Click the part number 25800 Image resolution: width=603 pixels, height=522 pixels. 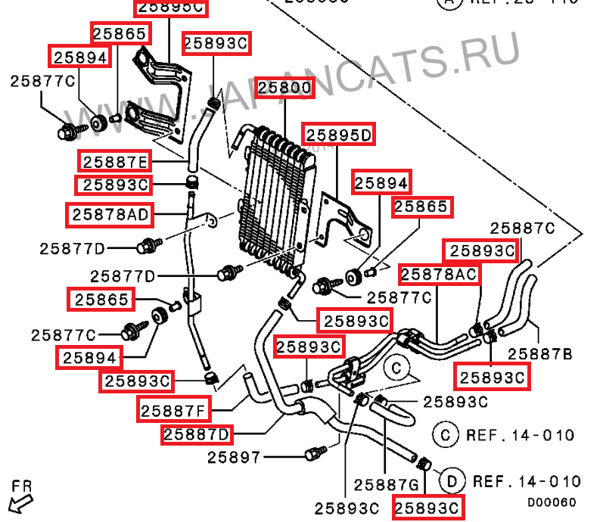pos(284,88)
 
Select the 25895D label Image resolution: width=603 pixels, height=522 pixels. pos(339,135)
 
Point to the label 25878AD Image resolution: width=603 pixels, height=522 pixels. pos(110,215)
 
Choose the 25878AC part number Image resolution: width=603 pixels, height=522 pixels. pos(440,274)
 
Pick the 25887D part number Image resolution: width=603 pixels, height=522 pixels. pos(197,434)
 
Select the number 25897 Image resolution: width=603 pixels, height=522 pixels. pos(234,457)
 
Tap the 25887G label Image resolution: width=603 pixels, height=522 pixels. pos(387,484)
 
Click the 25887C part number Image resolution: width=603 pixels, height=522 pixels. pos(523,228)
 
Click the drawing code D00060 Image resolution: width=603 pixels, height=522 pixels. pos(552,502)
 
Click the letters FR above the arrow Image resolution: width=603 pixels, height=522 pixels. pos(22,484)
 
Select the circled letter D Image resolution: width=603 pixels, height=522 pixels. pos(452,481)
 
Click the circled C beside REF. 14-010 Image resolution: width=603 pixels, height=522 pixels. pos(446,435)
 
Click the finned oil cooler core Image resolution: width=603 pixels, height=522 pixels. pos(272,197)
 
